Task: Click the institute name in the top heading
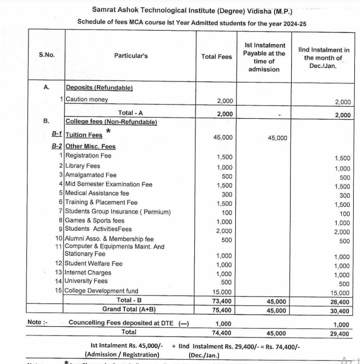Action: click(x=192, y=10)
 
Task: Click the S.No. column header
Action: click(x=47, y=55)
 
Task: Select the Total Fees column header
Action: click(x=217, y=57)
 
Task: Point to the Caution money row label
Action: click(x=87, y=99)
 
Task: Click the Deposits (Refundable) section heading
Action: click(x=99, y=88)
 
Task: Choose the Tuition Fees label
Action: click(x=84, y=135)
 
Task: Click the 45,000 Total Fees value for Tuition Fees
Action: click(x=223, y=137)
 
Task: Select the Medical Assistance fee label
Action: click(x=97, y=193)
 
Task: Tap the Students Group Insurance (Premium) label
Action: click(x=118, y=212)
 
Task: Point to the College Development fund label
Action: click(x=102, y=291)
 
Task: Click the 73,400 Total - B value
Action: click(x=223, y=301)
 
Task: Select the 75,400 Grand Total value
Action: click(x=223, y=311)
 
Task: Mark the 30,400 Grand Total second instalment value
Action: click(x=340, y=311)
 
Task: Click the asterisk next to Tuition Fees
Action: click(x=108, y=131)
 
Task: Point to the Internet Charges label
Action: click(x=88, y=272)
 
